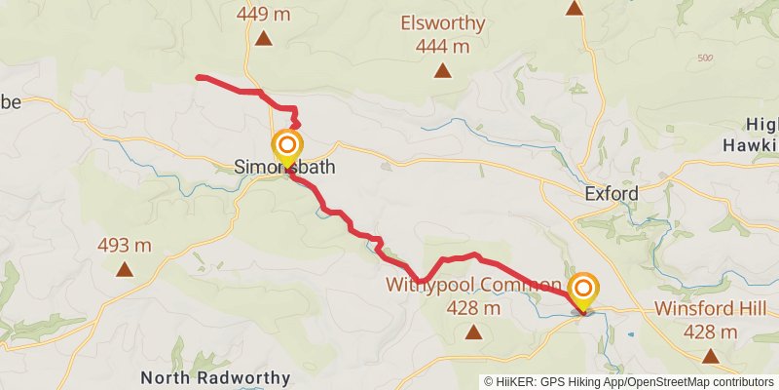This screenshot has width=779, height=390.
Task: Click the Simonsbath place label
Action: [x=284, y=168]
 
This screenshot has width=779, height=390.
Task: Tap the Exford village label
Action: [x=612, y=194]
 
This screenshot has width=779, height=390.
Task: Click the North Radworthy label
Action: [x=215, y=377]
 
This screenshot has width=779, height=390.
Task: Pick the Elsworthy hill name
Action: [x=442, y=23]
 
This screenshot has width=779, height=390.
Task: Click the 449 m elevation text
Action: [x=264, y=15]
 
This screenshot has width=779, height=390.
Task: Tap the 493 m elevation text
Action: [x=125, y=245]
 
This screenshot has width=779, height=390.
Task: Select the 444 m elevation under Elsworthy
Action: [x=442, y=46]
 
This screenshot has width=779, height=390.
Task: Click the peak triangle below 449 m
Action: [x=264, y=39]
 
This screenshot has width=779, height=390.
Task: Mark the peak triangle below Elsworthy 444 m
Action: [x=442, y=70]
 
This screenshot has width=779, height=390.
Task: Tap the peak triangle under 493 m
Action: [x=125, y=269]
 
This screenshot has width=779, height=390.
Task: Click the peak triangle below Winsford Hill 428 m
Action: [x=710, y=356]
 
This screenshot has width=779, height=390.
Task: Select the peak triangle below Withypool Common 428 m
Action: [x=473, y=332]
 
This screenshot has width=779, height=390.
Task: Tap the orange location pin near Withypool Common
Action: [x=583, y=290]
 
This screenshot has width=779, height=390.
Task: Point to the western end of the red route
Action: [x=199, y=76]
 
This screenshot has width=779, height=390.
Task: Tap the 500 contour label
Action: [x=707, y=58]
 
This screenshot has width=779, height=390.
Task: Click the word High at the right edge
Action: [x=762, y=124]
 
